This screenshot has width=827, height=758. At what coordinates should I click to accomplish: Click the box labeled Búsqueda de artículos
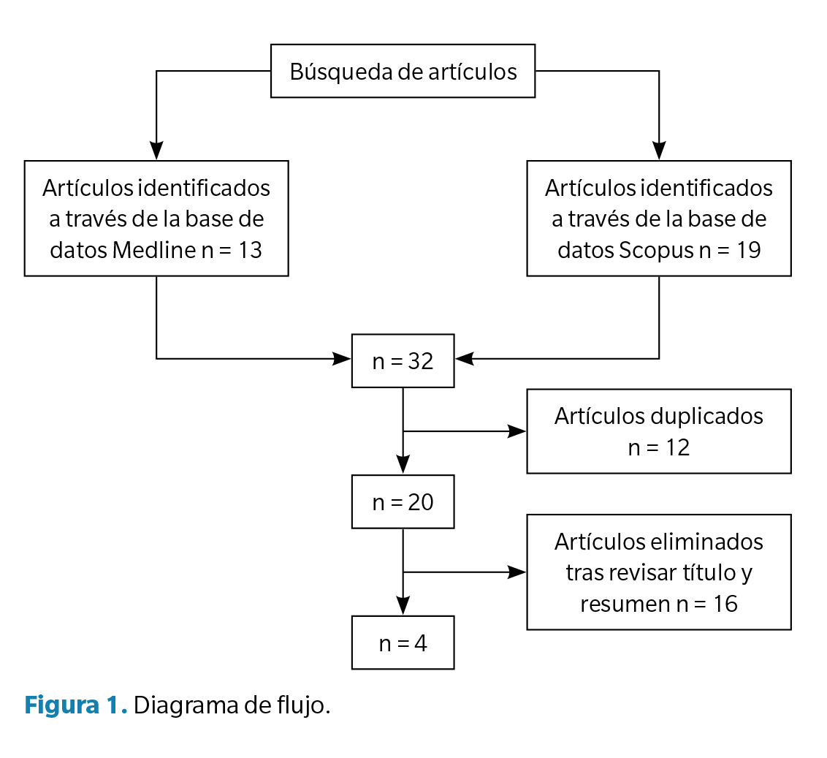(x=403, y=71)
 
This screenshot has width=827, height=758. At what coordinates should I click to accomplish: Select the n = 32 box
(x=403, y=361)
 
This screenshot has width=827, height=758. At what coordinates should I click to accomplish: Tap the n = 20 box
(x=403, y=502)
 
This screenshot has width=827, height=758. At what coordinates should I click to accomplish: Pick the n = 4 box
(x=403, y=643)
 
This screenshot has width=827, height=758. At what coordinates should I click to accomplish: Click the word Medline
(x=153, y=250)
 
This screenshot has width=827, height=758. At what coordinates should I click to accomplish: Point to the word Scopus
(x=655, y=250)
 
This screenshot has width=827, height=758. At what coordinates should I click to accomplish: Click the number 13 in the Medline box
(x=250, y=250)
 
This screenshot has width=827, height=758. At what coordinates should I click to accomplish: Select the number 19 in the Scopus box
(x=749, y=250)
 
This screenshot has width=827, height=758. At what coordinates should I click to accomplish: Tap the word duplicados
(x=706, y=416)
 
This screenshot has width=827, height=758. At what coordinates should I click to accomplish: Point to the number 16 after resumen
(x=725, y=604)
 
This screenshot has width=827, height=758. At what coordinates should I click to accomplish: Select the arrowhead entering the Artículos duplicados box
(x=517, y=431)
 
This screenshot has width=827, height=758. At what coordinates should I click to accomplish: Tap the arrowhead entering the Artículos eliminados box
(x=517, y=572)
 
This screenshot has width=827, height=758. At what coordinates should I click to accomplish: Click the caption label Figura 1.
(x=76, y=706)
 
